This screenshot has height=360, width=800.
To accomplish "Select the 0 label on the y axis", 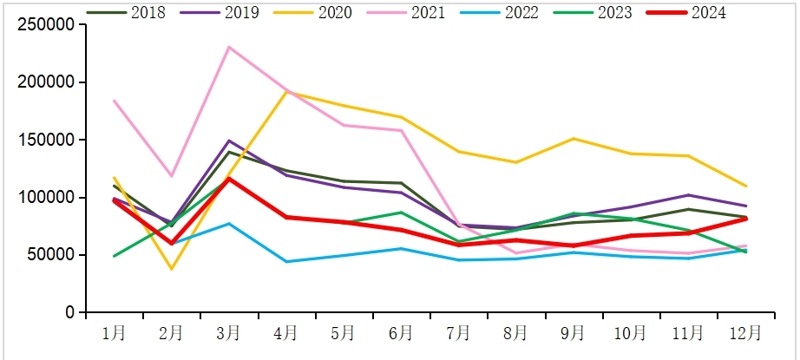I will coord(70,312).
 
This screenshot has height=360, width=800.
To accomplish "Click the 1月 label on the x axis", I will coord(114,332).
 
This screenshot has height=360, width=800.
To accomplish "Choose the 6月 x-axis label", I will coord(401,332).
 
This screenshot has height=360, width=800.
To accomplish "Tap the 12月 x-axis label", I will coord(745,332).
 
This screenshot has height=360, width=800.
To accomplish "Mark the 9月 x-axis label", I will coord(573,332).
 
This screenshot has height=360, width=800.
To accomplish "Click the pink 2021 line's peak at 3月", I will coord(228,47).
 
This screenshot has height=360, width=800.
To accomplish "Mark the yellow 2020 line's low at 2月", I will coord(171,269).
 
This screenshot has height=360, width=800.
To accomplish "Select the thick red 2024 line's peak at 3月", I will coord(228,179).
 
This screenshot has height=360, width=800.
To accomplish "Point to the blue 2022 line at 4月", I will coord(286,261).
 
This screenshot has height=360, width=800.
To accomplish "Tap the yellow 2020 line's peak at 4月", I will coord(286,91).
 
